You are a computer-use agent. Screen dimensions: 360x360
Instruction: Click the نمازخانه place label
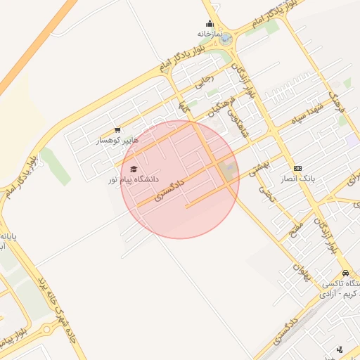coord(210,33)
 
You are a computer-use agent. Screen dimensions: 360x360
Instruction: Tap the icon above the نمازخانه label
coord(210,23)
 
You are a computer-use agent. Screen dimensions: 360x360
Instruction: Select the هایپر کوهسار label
coord(118,141)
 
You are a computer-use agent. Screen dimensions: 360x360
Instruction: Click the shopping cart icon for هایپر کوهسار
coord(117,130)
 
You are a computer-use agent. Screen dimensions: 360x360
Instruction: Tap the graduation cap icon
coord(134,169)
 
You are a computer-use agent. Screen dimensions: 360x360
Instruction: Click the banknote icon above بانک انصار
coord(298,169)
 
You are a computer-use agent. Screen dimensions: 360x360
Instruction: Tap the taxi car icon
coord(345,273)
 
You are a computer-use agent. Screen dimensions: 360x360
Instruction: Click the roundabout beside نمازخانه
coord(225,39)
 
